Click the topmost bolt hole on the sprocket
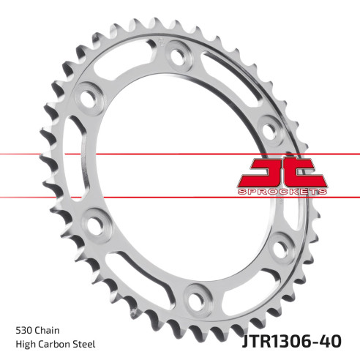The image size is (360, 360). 175,53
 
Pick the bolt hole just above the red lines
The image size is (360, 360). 269,132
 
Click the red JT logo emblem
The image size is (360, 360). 282,174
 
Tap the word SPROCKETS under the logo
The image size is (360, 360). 282,191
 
